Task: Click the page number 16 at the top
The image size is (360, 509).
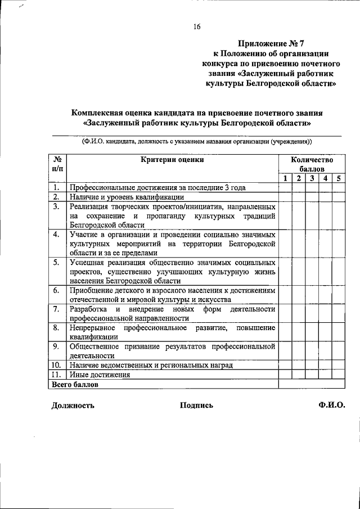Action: pos(197,26)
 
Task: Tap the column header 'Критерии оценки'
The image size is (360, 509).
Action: pos(173,159)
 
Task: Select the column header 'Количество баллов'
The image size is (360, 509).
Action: pos(312,164)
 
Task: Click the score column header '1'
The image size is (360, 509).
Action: pos(285,178)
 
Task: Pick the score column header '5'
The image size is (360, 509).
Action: pos(339,178)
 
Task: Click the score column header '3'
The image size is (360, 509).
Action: pos(312,178)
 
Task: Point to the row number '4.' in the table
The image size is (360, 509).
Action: pos(56,234)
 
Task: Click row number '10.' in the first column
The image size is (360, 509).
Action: pos(57,365)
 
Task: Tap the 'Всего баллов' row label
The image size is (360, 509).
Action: pos(75,385)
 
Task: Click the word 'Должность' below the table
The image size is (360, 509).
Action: pos(73,406)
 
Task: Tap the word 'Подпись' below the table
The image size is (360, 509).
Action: pos(196,406)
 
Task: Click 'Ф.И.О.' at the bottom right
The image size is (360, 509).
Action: pos(331,406)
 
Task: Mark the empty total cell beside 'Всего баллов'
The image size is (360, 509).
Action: pos(312,385)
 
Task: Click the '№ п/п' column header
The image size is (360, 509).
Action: pos(57,164)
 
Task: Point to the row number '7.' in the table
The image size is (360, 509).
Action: pos(56,309)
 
